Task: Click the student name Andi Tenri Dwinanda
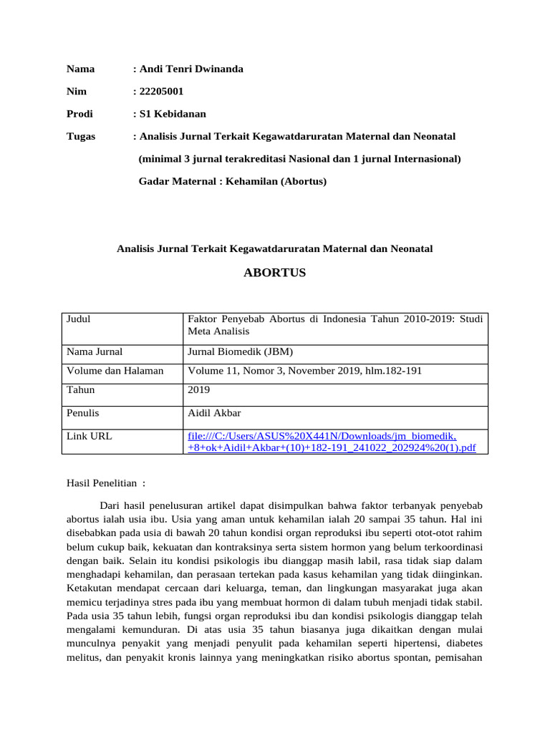pyautogui.click(x=190, y=69)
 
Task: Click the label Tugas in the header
pyautogui.click(x=81, y=136)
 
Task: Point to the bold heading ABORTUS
pyautogui.click(x=275, y=273)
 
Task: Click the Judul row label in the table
pyautogui.click(x=79, y=319)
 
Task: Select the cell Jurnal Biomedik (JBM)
pyautogui.click(x=240, y=351)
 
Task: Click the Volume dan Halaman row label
pyautogui.click(x=115, y=371)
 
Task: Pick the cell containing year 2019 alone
pyautogui.click(x=198, y=390)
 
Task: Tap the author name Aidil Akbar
pyautogui.click(x=214, y=413)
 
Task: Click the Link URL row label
pyautogui.click(x=89, y=436)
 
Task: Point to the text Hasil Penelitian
pyautogui.click(x=105, y=483)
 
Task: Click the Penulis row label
pyautogui.click(x=83, y=413)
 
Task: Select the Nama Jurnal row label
pyautogui.click(x=95, y=351)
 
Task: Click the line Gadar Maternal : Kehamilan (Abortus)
pyautogui.click(x=232, y=181)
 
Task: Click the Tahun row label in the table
pyautogui.click(x=80, y=390)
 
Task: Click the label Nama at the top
pyautogui.click(x=80, y=69)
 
